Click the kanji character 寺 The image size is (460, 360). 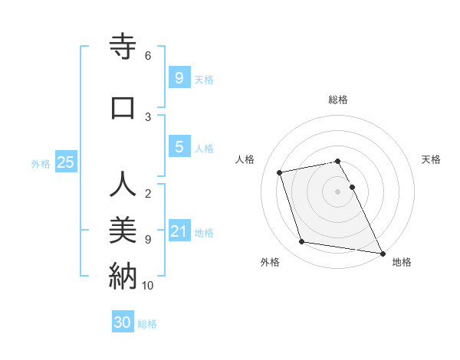click(x=122, y=47)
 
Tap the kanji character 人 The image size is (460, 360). click(x=122, y=186)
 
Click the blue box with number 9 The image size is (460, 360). click(x=179, y=77)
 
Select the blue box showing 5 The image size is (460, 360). click(x=179, y=147)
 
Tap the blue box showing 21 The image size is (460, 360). click(x=179, y=231)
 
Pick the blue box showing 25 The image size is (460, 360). click(x=65, y=162)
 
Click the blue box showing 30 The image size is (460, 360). click(x=123, y=322)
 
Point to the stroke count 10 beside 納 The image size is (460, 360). click(x=148, y=286)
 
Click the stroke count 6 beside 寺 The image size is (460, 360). click(x=148, y=56)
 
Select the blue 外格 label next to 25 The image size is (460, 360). click(x=41, y=163)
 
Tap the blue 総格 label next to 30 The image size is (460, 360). click(x=147, y=324)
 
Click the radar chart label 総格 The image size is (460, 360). click(x=338, y=100)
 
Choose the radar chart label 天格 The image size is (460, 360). click(x=432, y=159)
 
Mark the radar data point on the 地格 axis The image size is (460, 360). click(x=382, y=253)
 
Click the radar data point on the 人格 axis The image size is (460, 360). click(x=280, y=172)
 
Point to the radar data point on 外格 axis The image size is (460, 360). click(x=302, y=242)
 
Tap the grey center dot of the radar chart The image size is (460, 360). click(x=338, y=191)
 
